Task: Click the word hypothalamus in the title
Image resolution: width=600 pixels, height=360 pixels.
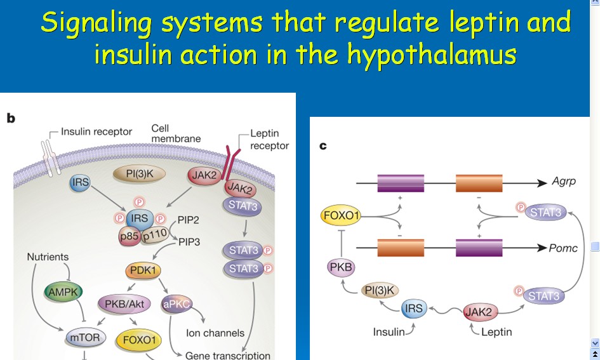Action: [431, 55]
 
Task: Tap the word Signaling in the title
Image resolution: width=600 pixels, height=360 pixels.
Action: [96, 23]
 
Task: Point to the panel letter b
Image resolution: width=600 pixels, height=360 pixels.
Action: [10, 118]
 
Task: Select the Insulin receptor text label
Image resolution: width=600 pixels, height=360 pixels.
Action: [97, 132]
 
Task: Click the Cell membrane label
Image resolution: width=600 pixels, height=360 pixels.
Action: [176, 133]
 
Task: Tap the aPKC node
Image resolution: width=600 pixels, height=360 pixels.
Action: [178, 303]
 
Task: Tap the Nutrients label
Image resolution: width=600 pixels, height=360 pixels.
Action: [48, 257]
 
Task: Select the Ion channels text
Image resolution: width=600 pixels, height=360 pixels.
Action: [215, 333]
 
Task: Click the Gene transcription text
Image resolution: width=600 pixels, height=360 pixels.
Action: [228, 355]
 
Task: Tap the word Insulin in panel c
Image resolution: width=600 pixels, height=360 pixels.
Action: [388, 332]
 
